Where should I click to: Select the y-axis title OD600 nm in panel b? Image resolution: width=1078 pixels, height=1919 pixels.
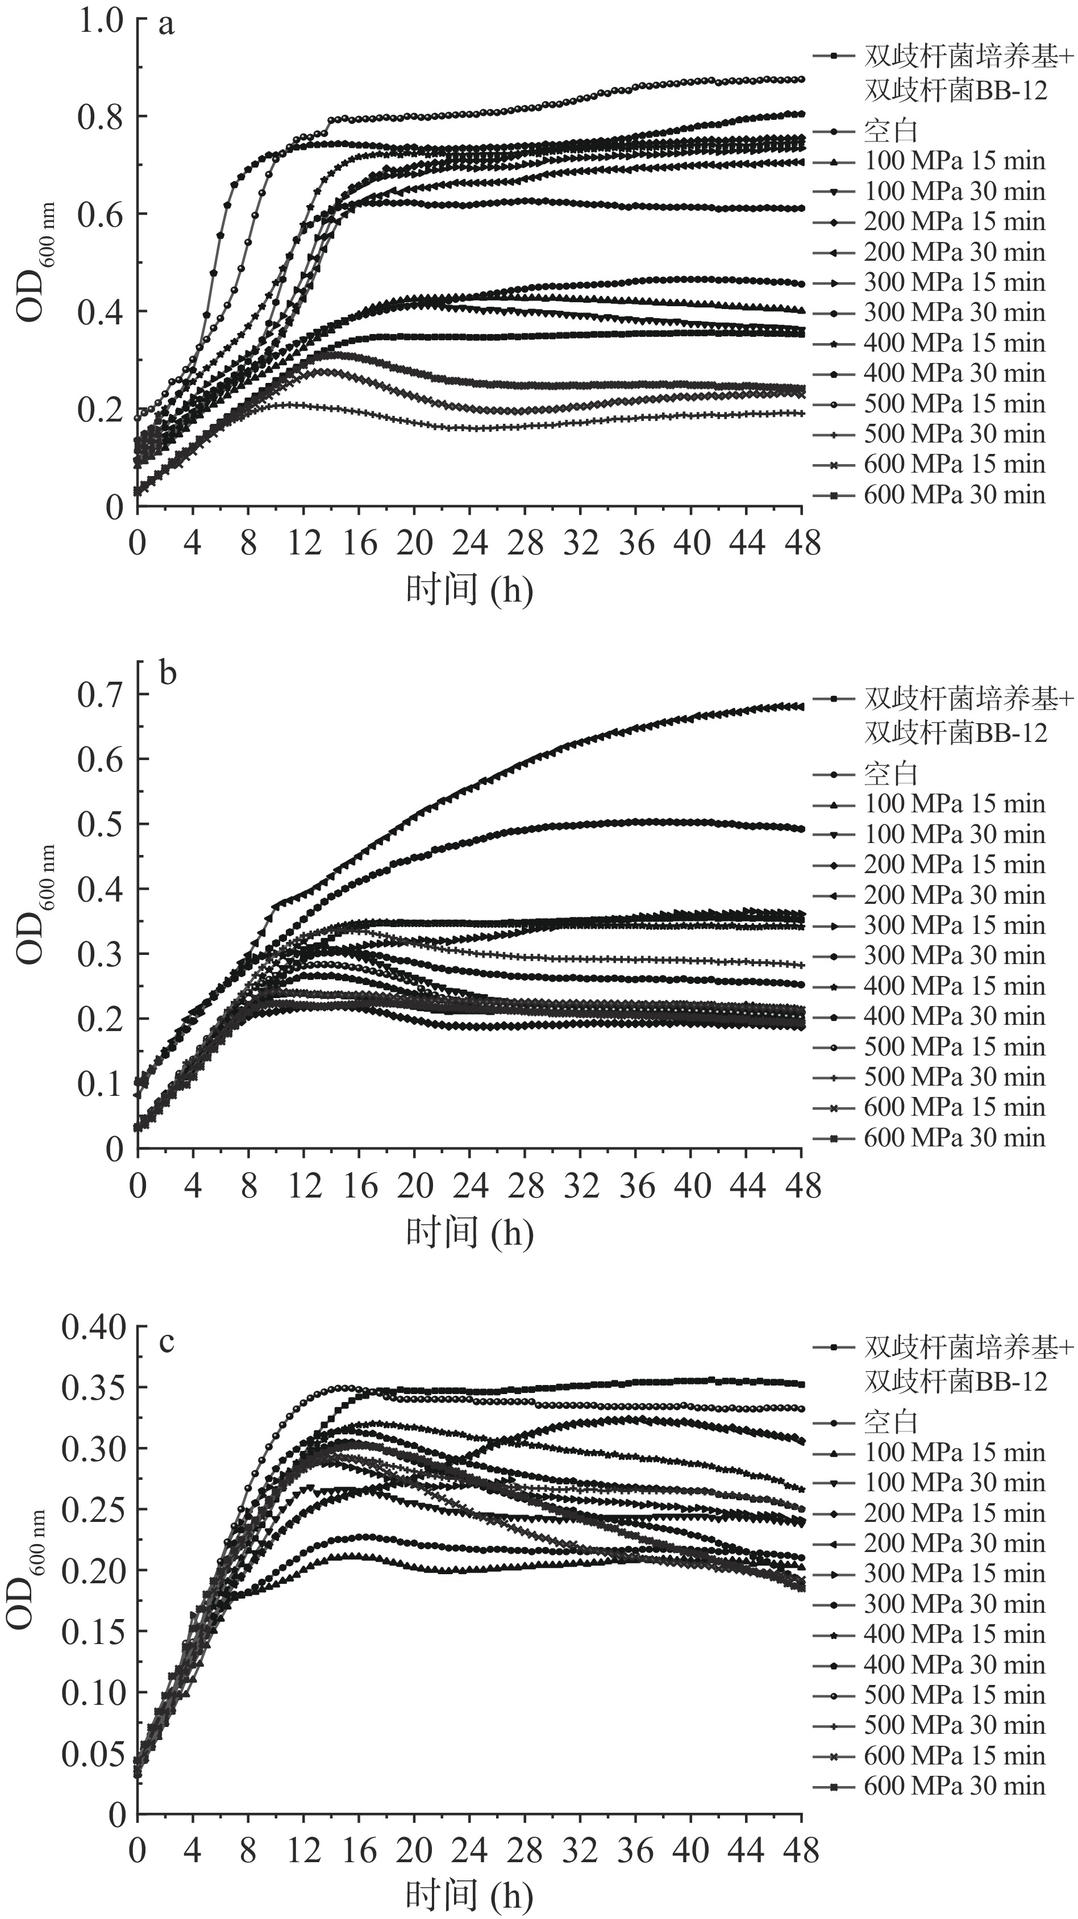coord(34,904)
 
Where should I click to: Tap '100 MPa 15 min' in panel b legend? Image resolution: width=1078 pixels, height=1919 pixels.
coord(954,804)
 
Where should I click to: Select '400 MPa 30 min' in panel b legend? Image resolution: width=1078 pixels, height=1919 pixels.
coord(954,1016)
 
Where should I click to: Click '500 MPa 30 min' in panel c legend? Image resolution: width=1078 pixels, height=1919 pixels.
coord(954,1725)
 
